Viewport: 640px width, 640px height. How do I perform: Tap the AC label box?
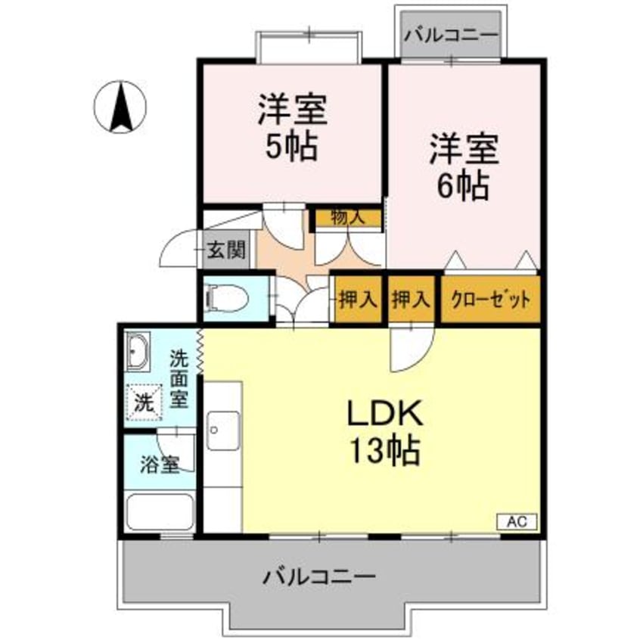[517, 521]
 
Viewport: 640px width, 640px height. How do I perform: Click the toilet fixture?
[227, 298]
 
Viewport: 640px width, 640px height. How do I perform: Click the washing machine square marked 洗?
[142, 402]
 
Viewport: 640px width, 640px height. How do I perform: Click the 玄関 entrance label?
[226, 250]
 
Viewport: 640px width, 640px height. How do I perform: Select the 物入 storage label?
[347, 218]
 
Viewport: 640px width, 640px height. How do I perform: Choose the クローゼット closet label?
[490, 300]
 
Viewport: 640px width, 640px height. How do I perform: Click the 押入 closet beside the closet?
[411, 300]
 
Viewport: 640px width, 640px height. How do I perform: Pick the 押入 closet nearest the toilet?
[357, 300]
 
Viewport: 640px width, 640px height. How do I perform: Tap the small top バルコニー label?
[451, 35]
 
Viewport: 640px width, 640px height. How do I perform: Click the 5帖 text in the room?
[291, 147]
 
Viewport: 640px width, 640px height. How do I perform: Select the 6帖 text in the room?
[462, 185]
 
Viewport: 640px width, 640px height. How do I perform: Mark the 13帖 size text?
[385, 453]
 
